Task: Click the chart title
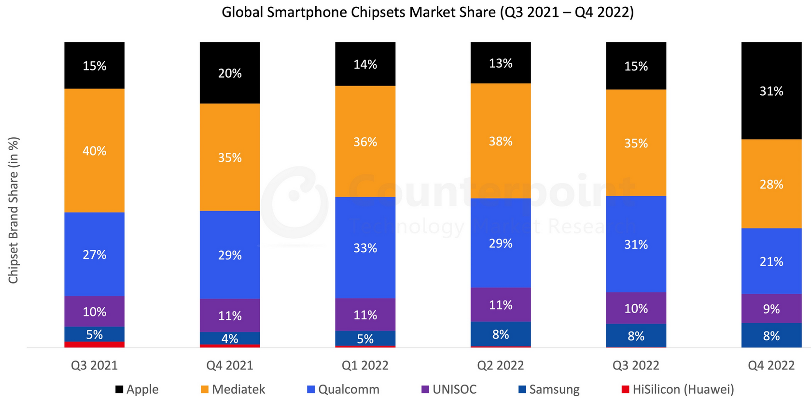coord(427,12)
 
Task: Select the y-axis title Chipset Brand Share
coord(14,210)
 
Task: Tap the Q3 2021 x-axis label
coord(94,365)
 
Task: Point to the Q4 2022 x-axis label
coord(771,365)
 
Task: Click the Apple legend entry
coord(137,389)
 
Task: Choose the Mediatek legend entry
coord(233,389)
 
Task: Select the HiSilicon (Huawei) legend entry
coord(678,389)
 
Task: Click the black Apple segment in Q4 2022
coord(771,91)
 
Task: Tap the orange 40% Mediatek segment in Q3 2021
coord(95,151)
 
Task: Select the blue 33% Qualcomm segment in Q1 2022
coord(365,248)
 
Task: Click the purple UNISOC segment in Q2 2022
coord(501,305)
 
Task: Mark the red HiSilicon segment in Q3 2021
coord(95,344)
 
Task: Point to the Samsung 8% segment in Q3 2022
coord(636,336)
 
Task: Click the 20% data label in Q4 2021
coord(230,73)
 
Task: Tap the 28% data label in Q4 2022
coord(771,185)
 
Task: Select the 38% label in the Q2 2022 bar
coord(501,142)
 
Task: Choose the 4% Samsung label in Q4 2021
coord(230,339)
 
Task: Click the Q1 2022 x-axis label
coord(365,365)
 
